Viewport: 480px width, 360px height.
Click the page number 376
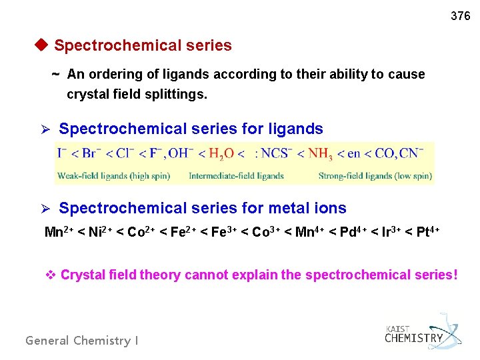click(x=460, y=16)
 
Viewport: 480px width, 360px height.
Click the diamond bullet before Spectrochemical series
click(x=41, y=45)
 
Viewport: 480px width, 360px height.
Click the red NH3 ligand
click(x=319, y=155)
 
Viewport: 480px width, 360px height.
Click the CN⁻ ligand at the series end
click(x=411, y=154)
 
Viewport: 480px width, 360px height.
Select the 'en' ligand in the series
click(x=354, y=155)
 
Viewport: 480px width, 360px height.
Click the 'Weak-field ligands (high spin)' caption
click(x=113, y=176)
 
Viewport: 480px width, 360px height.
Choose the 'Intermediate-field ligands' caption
click(x=236, y=176)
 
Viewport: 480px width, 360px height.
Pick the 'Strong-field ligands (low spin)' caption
click(x=375, y=176)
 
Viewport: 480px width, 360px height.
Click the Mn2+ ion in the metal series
click(x=59, y=232)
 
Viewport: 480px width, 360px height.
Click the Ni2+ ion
click(x=99, y=232)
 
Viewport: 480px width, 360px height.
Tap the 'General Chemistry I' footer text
click(x=82, y=341)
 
